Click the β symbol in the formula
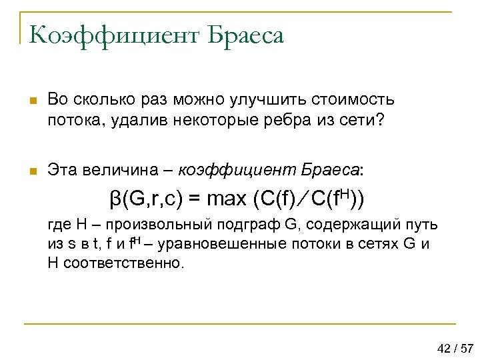point(115,199)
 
